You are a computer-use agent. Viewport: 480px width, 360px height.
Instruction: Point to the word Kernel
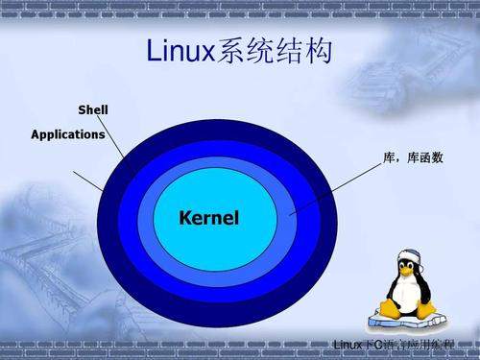(208, 218)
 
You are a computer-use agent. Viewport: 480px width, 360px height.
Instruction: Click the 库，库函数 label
(413, 156)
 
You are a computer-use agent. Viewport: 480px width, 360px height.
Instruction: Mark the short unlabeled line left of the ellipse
(87, 180)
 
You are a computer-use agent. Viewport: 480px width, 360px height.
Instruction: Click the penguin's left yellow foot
(389, 310)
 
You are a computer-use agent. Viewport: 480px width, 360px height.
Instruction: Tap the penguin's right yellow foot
(422, 309)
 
